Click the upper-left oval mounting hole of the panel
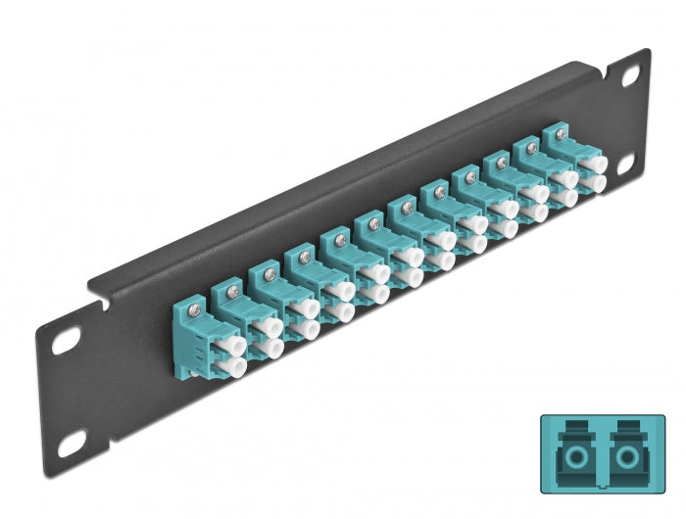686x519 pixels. pos(66,344)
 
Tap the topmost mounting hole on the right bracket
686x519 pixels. pos(628,76)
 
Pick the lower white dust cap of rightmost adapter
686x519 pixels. pos(595,182)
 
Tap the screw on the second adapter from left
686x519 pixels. pos(231,288)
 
